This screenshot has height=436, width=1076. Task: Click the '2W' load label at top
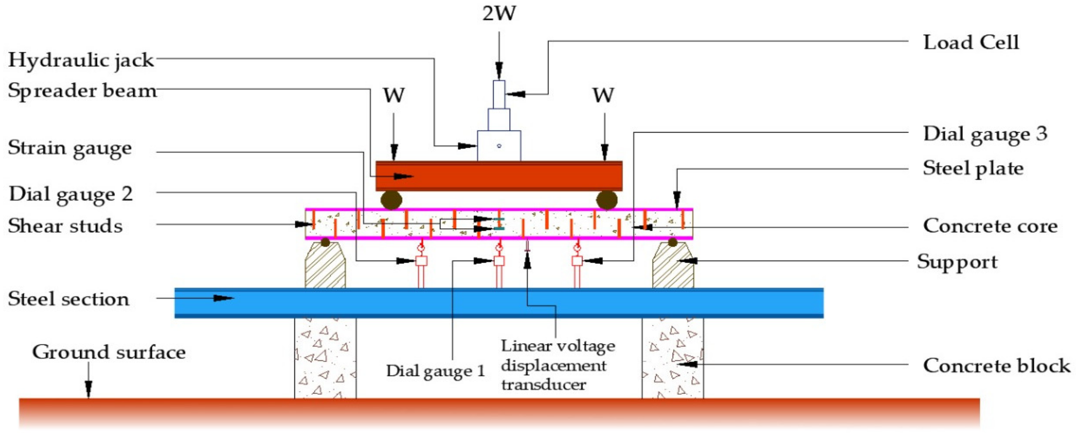tap(499, 13)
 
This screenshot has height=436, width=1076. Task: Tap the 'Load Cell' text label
tap(971, 42)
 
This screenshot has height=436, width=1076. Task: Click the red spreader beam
tap(499, 176)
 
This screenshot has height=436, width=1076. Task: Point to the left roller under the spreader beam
tap(391, 200)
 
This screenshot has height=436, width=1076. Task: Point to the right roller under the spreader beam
tap(607, 200)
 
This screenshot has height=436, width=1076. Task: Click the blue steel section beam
tap(499, 303)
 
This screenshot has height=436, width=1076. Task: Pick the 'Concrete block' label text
tap(996, 366)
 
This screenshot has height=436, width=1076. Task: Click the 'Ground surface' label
tap(109, 352)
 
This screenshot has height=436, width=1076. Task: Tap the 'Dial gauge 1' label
tap(435, 371)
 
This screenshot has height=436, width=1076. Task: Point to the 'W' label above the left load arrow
tap(394, 95)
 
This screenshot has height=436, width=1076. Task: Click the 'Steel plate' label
tap(973, 168)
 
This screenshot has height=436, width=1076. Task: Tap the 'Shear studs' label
tap(65, 226)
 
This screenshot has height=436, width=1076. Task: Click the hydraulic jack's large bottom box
tap(499, 146)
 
